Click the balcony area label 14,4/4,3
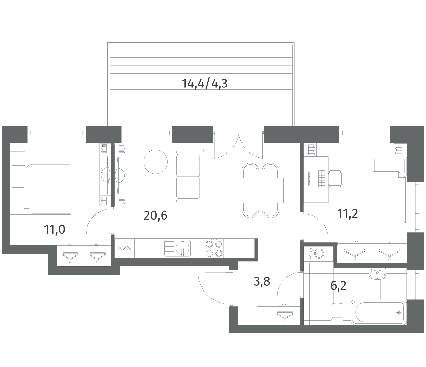204,84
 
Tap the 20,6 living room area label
155,216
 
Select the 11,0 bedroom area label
54,230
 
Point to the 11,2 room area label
347,214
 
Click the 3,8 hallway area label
262,281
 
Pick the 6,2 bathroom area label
338,286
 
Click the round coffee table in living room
156,162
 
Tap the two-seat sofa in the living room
190,177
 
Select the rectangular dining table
261,190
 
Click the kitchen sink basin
178,248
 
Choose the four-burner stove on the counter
214,248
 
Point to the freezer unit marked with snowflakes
125,248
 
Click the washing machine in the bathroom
317,254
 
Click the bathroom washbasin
377,274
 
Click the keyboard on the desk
321,179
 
